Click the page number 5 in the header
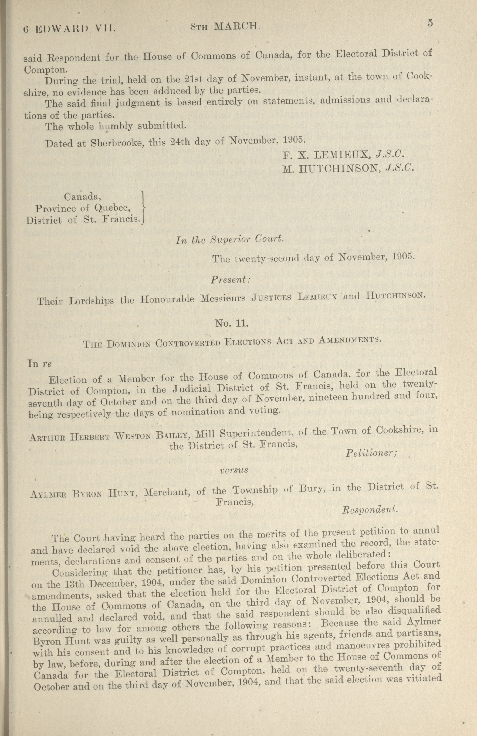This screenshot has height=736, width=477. [x=430, y=24]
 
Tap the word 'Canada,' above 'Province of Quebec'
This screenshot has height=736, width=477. [x=83, y=197]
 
